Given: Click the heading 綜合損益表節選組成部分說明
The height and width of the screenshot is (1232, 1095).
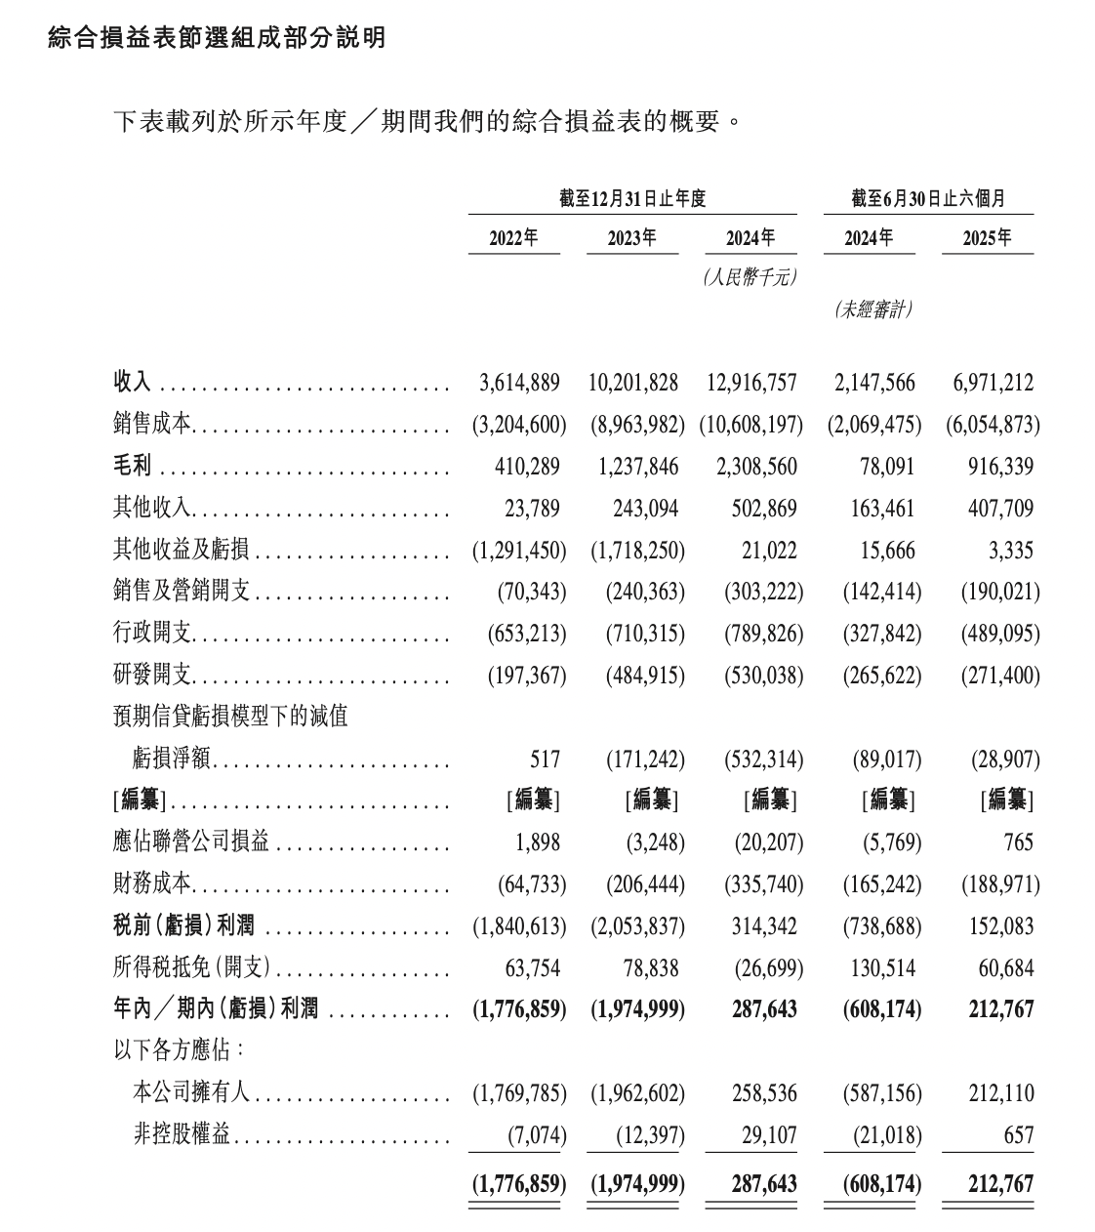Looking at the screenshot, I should (217, 38).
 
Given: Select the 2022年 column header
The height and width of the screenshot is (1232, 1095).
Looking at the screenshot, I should (513, 237).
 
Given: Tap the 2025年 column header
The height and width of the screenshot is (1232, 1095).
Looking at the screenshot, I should (987, 237).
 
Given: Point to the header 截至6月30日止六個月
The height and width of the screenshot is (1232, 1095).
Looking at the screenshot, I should (928, 199).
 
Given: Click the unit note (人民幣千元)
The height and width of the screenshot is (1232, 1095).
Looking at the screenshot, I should (749, 277).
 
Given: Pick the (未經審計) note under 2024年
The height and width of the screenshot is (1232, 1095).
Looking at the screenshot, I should (873, 309).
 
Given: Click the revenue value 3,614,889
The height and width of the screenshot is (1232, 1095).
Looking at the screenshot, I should (519, 383).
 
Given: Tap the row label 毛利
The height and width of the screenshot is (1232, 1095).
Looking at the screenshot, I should (133, 467).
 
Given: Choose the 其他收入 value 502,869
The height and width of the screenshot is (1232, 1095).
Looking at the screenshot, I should (756, 509).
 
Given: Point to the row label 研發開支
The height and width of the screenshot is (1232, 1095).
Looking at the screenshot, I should (152, 676).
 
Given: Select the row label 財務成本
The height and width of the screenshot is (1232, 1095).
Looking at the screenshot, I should (152, 884).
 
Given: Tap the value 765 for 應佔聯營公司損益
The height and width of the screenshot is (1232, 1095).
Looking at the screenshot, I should (1016, 842).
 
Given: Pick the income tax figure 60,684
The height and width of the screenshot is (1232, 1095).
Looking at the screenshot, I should (1005, 968).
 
